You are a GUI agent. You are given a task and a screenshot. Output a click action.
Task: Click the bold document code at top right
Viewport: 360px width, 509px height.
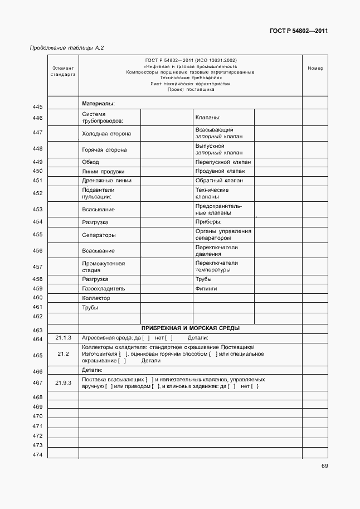coord(297,31)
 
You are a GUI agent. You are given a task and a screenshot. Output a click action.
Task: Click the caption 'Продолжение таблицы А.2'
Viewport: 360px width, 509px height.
coord(67,48)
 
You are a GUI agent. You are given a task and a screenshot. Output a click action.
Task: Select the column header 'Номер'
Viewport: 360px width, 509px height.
coord(315,69)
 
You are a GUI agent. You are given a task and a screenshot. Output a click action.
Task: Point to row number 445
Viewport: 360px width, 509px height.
coord(37,106)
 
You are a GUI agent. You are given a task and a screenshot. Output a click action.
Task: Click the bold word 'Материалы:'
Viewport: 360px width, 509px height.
coord(98,104)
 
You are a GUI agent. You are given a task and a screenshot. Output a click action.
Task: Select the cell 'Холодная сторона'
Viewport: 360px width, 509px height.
coord(106,134)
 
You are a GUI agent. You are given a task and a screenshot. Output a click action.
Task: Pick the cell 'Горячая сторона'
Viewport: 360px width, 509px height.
coord(104,150)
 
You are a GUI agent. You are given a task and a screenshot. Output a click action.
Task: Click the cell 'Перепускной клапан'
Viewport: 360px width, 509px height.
coord(223,162)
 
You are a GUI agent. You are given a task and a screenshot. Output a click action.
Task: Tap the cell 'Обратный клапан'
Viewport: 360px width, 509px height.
coord(219,181)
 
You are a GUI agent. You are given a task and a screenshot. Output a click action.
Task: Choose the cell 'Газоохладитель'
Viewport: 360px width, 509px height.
coord(104,289)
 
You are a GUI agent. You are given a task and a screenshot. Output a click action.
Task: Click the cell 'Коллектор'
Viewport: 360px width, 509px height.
coord(96,298)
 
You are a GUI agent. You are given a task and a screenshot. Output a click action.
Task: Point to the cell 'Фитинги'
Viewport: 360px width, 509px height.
coord(206,289)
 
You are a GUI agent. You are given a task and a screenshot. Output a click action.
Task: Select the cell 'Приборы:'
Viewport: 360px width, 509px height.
coord(208,222)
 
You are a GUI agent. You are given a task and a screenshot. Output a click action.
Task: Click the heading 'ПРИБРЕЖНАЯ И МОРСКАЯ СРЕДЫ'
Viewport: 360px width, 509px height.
coord(191,329)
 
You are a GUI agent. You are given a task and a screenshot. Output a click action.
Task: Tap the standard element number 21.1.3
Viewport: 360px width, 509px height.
coord(63,338)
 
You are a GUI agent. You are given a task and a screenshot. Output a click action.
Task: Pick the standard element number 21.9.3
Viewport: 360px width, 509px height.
coord(63,382)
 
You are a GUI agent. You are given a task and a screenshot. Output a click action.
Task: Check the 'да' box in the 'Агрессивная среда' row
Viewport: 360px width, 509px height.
coord(146,338)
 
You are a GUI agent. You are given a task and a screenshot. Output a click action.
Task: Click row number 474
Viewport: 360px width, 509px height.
coord(37,455)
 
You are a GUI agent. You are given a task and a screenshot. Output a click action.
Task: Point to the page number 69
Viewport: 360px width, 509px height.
coord(324,467)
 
